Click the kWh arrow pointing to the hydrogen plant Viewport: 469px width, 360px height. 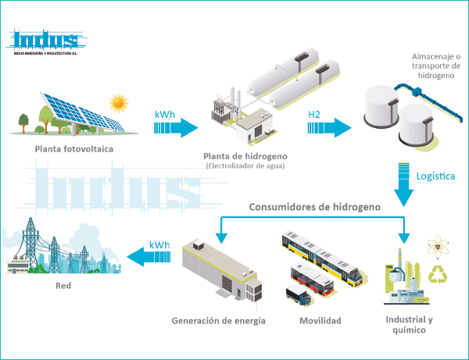click(x=177, y=126)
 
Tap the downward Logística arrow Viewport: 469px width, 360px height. click(x=404, y=183)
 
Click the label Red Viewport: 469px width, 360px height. click(x=63, y=286)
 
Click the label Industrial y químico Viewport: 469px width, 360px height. click(x=409, y=325)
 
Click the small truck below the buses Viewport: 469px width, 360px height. click(x=298, y=295)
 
